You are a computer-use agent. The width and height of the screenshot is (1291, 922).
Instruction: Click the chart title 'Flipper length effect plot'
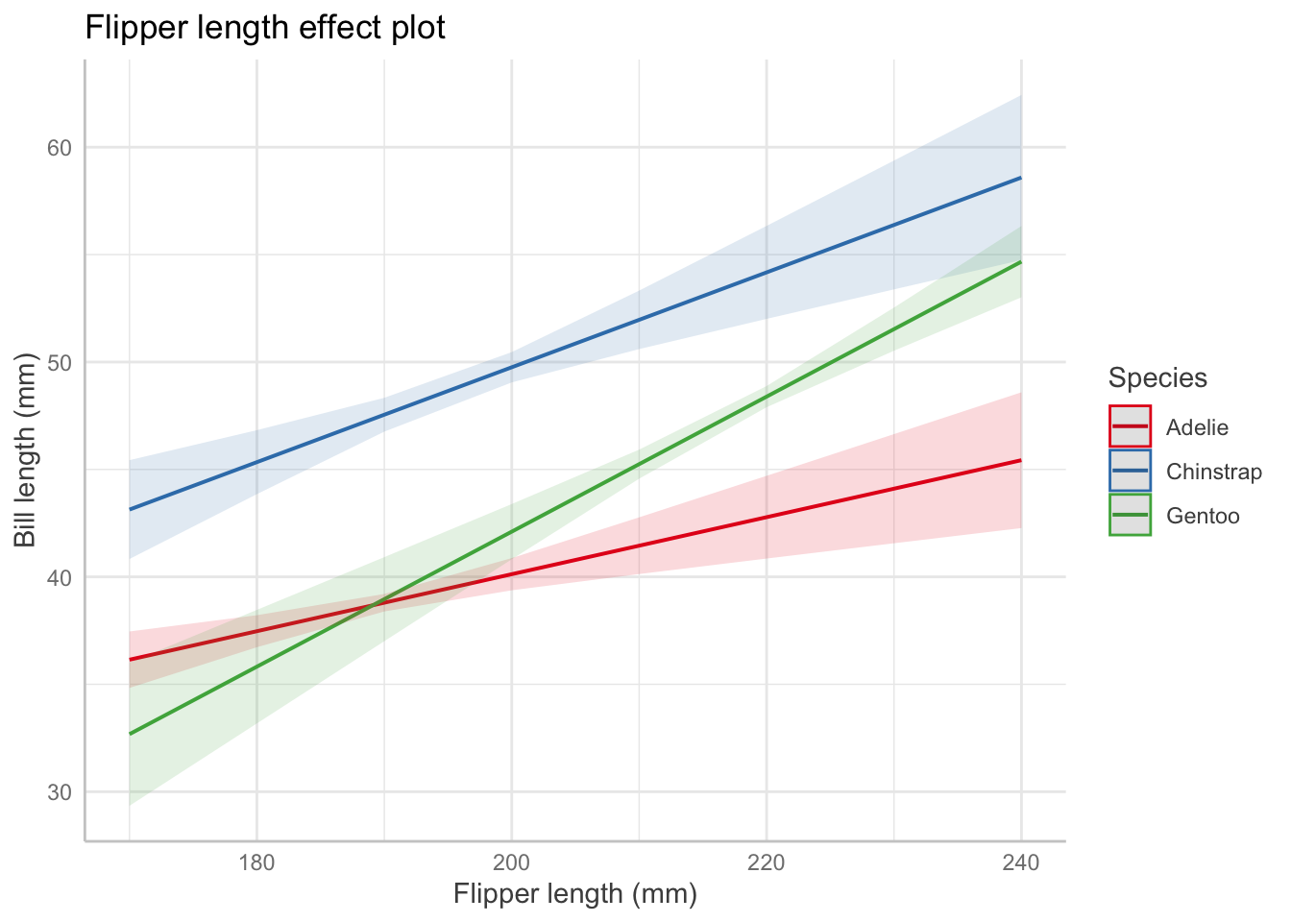coord(265,28)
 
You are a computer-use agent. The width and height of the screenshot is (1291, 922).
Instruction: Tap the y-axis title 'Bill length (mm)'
coord(26,449)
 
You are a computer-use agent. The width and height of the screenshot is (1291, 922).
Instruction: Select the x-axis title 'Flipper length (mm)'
coord(574,894)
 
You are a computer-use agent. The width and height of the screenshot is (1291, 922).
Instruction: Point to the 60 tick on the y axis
coord(60,148)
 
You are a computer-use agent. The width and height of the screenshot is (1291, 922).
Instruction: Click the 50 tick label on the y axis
coord(60,362)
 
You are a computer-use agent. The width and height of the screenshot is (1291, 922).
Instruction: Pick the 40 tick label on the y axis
coord(60,577)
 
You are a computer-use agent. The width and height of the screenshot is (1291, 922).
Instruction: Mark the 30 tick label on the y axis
coord(60,791)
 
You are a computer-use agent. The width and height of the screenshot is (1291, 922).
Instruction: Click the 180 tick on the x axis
coord(256,862)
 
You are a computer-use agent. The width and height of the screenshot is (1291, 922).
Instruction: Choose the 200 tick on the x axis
coord(511,862)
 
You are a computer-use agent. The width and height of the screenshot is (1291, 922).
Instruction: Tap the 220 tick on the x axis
coord(767,862)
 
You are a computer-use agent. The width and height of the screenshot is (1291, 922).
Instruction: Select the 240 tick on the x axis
coord(1021,862)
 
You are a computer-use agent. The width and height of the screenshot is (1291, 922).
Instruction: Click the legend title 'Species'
coord(1157,377)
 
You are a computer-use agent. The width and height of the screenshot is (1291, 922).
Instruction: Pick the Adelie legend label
coord(1197,427)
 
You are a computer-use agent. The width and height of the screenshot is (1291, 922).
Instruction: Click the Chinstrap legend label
coord(1214,472)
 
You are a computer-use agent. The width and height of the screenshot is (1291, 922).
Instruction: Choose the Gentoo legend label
coord(1203,516)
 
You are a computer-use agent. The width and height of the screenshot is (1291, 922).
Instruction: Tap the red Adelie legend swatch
coord(1130,426)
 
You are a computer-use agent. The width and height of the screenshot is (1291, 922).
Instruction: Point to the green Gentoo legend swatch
coord(1130,515)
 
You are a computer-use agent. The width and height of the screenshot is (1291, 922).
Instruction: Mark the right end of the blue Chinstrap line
coord(1020,178)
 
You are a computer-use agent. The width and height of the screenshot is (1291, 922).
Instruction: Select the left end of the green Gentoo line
coord(130,734)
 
